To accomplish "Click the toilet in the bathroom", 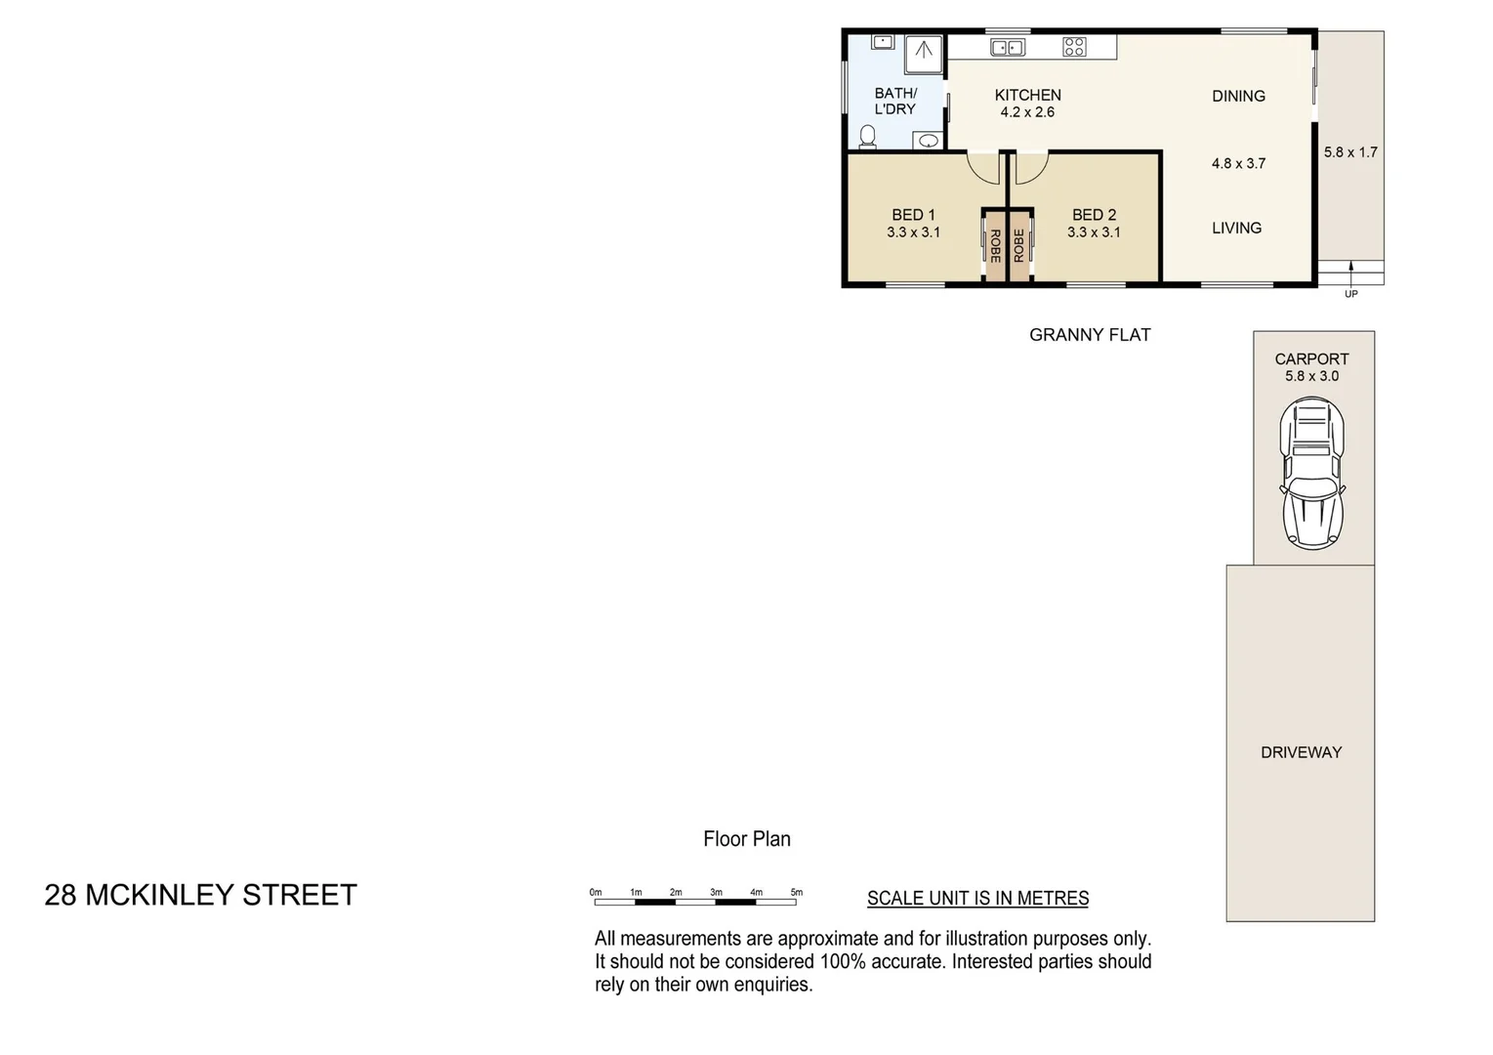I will click(867, 137).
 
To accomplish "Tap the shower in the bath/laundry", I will click(923, 54).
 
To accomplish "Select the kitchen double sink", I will click(1008, 47).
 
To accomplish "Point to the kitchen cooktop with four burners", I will click(1074, 47).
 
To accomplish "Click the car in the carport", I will click(1312, 473).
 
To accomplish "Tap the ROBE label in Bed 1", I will click(995, 245).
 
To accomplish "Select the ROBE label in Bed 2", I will click(1019, 245).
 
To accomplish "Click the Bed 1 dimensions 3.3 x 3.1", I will click(913, 232).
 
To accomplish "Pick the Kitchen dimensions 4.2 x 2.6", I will click(1027, 112).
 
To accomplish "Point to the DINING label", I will click(1238, 96).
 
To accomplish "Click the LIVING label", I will click(1236, 228).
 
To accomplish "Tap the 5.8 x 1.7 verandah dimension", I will click(1350, 152).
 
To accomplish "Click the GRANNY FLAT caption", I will click(1090, 335).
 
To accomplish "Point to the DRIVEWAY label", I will click(1301, 752).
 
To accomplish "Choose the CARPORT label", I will click(1311, 359).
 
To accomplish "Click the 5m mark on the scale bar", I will click(796, 893).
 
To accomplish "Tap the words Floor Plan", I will click(747, 839).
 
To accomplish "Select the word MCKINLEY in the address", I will click(159, 895).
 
